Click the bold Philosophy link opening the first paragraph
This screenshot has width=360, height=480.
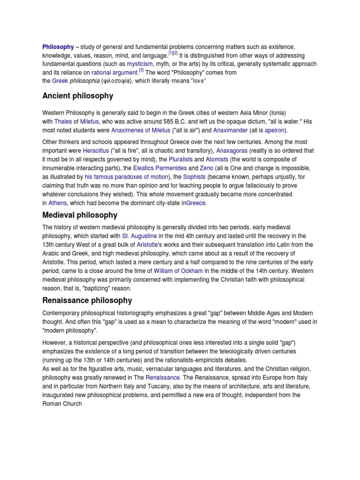(x=58, y=47)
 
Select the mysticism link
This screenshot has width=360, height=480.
(x=141, y=64)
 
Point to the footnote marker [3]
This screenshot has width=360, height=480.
(x=141, y=71)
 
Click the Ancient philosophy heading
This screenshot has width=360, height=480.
(x=78, y=96)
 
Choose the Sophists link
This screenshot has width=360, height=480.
(x=194, y=177)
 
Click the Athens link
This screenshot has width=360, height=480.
(x=58, y=203)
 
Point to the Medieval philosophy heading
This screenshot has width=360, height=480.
(x=80, y=215)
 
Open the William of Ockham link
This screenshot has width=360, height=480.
(x=178, y=271)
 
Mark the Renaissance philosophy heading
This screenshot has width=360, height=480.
(x=87, y=300)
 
